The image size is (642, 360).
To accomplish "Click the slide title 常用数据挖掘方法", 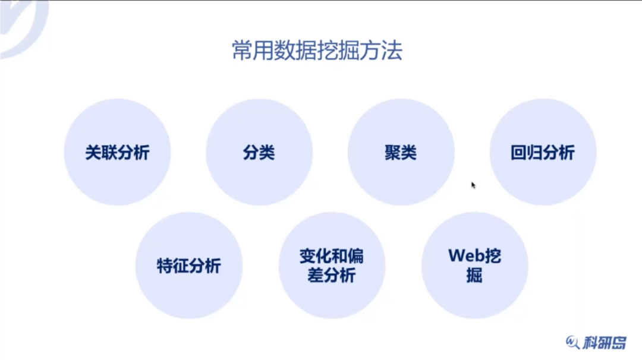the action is tap(317, 51).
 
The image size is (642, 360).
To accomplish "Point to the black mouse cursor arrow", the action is tap(473, 185).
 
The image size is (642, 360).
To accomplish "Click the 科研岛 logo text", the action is tap(605, 342).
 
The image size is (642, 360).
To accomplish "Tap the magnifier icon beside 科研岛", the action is tap(572, 342).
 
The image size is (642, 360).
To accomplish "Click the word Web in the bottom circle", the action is tap(463, 255).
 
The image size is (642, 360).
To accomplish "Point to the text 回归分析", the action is tap(543, 153).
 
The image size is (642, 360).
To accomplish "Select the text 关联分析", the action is tap(117, 153).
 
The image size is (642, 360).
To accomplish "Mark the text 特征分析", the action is tap(189, 266).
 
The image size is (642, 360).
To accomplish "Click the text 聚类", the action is tap(401, 153).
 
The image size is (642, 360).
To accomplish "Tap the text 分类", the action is tap(259, 153).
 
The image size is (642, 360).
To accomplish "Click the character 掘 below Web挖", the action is tap(474, 276).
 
